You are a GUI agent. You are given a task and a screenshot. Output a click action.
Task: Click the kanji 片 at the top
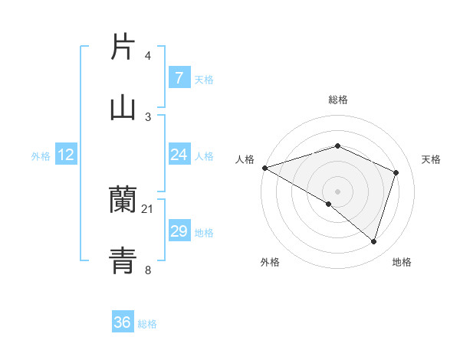[x=123, y=47]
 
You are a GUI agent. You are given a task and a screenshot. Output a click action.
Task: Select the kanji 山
[x=123, y=108]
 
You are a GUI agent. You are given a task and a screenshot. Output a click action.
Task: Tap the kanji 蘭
[x=123, y=200]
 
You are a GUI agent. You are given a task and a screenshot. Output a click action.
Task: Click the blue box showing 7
[x=179, y=78]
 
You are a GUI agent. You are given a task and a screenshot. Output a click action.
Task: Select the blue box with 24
[x=179, y=155]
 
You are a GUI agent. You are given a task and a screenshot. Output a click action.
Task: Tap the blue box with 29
[x=179, y=231]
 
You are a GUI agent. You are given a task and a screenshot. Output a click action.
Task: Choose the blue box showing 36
[x=123, y=322]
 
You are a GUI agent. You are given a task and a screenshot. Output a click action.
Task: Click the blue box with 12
[x=66, y=155]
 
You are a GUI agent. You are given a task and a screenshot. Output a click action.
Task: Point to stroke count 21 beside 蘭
[x=148, y=208]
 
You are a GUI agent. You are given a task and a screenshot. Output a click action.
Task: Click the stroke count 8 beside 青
[x=148, y=270]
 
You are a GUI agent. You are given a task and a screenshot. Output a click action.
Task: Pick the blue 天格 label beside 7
[x=204, y=79]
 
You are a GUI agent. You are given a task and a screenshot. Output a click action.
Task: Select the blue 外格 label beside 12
[x=41, y=155]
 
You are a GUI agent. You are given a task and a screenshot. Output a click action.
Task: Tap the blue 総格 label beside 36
[x=147, y=323]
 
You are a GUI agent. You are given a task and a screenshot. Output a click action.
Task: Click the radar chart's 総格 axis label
[x=337, y=100]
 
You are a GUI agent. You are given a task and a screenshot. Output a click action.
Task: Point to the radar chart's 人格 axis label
[x=245, y=159]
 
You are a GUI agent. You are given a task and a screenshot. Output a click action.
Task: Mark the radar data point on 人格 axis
[x=264, y=168]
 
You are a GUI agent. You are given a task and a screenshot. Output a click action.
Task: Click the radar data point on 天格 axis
[x=396, y=172]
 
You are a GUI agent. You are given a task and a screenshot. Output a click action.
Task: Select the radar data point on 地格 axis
[x=373, y=242]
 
